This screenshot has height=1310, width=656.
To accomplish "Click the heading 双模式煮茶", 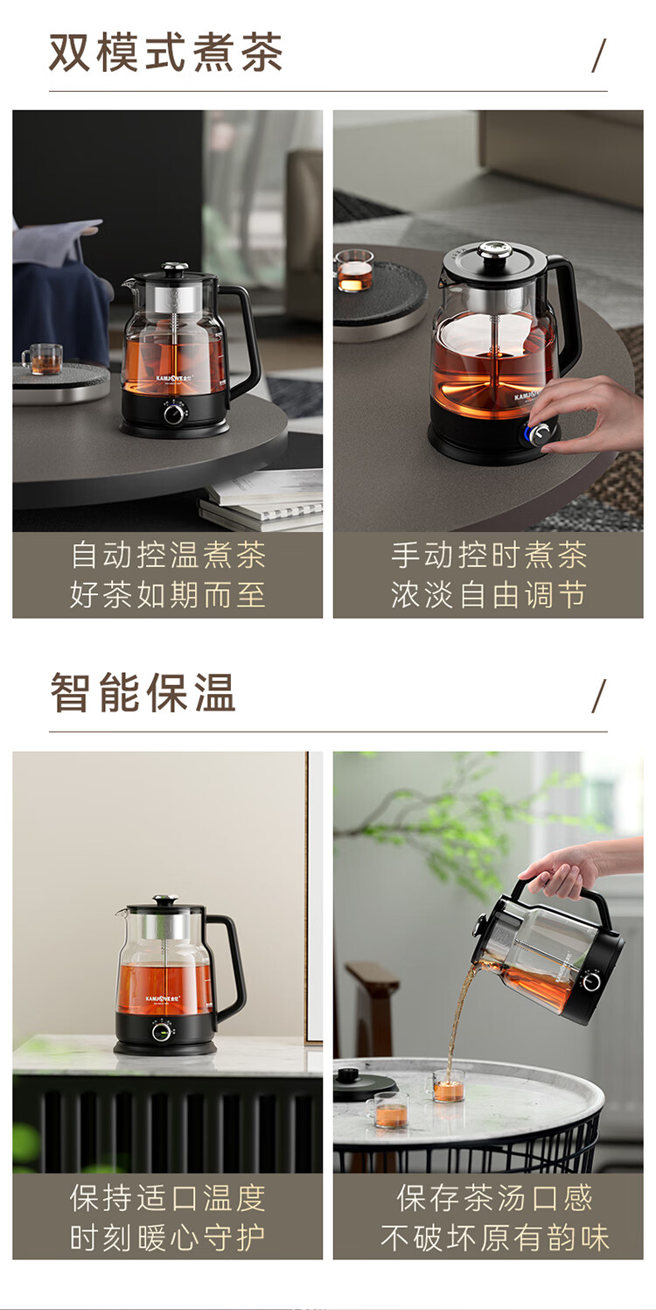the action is pyautogui.click(x=165, y=53).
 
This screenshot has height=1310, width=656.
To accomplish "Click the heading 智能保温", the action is pyautogui.click(x=143, y=692).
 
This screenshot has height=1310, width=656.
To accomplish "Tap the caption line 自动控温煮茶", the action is pyautogui.click(x=168, y=555).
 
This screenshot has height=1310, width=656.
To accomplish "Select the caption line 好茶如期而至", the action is pyautogui.click(x=168, y=595).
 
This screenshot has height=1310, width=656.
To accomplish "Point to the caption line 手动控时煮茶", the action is pyautogui.click(x=489, y=555).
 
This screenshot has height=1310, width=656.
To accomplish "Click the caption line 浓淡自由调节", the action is pyautogui.click(x=489, y=595).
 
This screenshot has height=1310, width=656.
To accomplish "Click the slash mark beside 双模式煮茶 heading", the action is pyautogui.click(x=598, y=55).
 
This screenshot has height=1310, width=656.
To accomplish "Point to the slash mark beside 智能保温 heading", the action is pyautogui.click(x=598, y=696).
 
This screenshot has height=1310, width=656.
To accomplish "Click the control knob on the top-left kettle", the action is pyautogui.click(x=174, y=413).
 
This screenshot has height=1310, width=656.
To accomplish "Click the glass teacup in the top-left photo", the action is pyautogui.click(x=43, y=359).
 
